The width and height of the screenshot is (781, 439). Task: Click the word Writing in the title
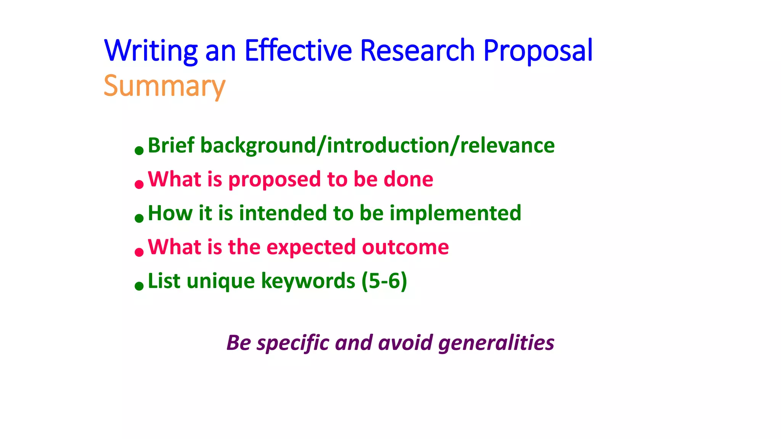click(151, 51)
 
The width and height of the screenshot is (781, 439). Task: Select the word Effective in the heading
click(298, 51)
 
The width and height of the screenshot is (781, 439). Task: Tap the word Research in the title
click(417, 51)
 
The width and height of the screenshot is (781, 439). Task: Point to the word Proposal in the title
click(538, 51)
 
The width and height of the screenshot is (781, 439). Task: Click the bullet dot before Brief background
click(139, 151)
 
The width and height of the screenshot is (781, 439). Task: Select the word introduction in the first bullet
click(388, 146)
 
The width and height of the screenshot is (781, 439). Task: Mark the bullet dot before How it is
click(139, 218)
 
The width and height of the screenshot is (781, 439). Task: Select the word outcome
click(405, 247)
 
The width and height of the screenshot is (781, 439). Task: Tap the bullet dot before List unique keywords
click(139, 286)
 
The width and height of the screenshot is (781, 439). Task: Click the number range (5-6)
click(384, 281)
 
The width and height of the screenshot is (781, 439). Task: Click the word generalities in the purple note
click(496, 343)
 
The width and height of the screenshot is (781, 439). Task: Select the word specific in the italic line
click(293, 343)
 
